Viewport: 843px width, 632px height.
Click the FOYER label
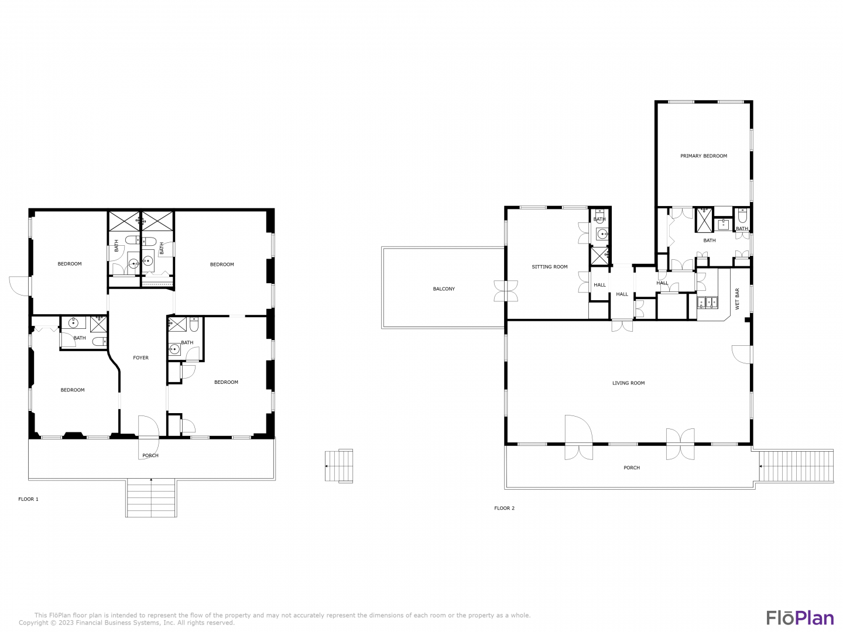(140, 358)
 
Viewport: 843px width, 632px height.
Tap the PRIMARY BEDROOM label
(703, 156)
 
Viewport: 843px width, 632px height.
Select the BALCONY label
(444, 288)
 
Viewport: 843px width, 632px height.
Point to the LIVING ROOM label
(628, 383)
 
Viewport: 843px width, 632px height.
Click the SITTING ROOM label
(549, 267)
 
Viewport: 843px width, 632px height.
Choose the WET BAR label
(737, 299)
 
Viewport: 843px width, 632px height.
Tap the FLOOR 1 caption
(29, 499)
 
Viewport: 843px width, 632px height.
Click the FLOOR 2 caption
(504, 508)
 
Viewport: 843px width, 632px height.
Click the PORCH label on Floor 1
(150, 455)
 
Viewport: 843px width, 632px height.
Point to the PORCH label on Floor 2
(632, 468)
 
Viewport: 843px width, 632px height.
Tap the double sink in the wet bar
(707, 303)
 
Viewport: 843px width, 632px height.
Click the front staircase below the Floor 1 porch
(151, 497)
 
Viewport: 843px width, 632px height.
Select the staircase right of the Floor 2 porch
(796, 466)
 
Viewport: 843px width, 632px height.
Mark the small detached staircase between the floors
(339, 466)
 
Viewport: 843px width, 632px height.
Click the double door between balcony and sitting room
(506, 291)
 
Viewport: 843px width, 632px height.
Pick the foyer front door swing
(149, 438)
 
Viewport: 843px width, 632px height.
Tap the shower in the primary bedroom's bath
(704, 220)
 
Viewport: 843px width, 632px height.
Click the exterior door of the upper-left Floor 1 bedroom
(19, 286)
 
